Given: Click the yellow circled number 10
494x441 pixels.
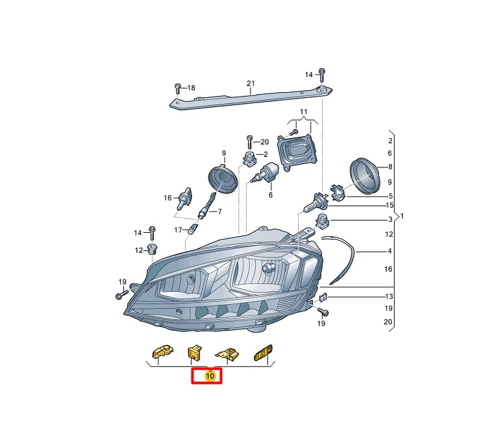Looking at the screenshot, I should [209, 375].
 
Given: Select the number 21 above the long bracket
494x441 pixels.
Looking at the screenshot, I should [251, 83].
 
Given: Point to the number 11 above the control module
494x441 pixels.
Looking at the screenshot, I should [302, 113].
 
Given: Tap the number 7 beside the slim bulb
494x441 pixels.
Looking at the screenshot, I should [219, 211].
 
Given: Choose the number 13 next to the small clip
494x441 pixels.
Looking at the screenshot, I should [389, 296].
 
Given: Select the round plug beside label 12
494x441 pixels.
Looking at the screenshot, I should [153, 250].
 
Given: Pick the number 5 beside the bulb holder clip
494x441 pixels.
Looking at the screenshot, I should [389, 196].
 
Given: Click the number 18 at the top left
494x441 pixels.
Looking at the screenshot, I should [190, 88].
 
